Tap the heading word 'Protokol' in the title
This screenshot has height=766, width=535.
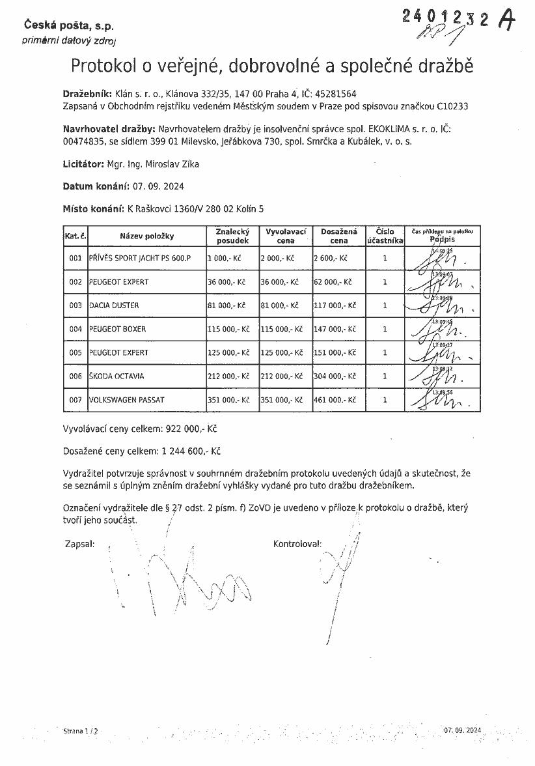103,66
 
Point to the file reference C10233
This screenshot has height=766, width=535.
454,106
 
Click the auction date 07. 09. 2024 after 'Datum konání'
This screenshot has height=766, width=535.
158,186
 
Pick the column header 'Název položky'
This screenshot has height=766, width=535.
146,236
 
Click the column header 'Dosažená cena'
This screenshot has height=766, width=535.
338,236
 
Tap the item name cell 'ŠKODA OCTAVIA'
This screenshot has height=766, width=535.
117,376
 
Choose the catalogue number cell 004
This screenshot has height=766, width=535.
75,329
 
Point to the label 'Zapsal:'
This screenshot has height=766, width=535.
80,543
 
